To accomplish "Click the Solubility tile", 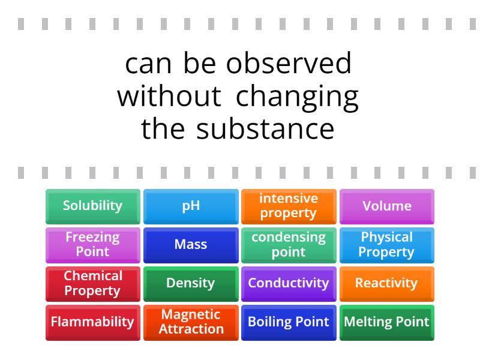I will coord(92,206).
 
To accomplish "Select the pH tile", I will coord(191,206).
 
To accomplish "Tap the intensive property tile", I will coord(289,206).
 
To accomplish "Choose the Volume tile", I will coord(387,206).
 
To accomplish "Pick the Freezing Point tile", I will coord(92,244).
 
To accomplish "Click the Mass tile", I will coord(191,244).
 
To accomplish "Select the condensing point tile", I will coord(289,244).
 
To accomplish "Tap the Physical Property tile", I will coord(387,244).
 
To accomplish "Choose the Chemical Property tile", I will coord(92,283).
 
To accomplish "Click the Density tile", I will coord(191,283).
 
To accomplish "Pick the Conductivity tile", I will coord(289,283).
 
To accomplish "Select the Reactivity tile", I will coord(387,283).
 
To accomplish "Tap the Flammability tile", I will coord(92,321).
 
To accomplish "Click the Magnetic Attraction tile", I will coord(191,321).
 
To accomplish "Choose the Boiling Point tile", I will coord(289,321).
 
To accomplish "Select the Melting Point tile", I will coord(387,321).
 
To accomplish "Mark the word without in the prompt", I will coord(169,97).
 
